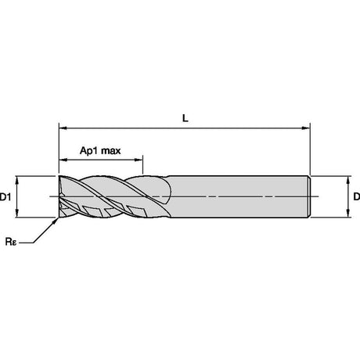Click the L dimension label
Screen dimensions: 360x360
(x=185, y=118)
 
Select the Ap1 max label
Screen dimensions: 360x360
(x=100, y=150)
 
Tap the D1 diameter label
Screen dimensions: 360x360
(x=5, y=197)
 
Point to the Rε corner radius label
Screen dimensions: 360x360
(x=11, y=242)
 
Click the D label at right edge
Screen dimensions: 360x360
(x=357, y=196)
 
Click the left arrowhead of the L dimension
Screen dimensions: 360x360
(x=63, y=128)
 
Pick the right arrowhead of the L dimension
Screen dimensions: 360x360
(x=306, y=128)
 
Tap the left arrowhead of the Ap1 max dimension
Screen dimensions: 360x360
(x=63, y=160)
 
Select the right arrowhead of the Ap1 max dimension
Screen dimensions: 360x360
(x=139, y=160)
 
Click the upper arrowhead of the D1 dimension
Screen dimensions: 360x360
(x=17, y=180)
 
